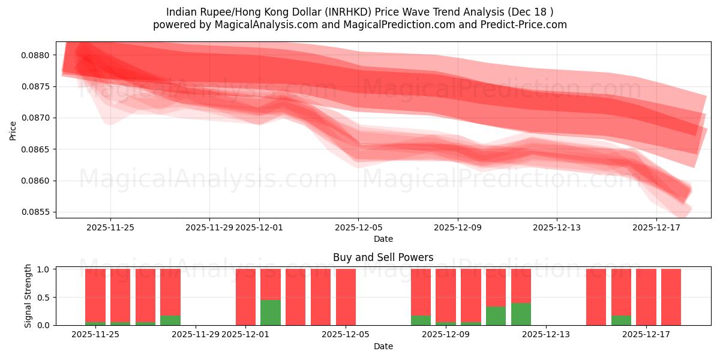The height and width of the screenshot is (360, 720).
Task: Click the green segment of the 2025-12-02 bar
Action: (271, 313)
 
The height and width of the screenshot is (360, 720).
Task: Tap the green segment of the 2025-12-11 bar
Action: (496, 316)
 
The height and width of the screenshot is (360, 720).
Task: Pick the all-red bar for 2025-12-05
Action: (346, 297)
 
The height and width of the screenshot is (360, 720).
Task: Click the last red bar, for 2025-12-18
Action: (671, 297)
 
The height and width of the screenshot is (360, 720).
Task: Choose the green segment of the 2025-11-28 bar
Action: (170, 320)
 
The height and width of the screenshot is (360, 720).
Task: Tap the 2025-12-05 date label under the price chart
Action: (359, 227)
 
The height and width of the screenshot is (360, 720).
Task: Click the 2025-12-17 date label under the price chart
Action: (656, 227)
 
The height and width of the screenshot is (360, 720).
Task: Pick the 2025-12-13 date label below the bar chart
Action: (547, 334)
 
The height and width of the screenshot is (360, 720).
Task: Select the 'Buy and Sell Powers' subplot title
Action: (383, 257)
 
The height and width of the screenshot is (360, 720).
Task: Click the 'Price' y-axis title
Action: (13, 130)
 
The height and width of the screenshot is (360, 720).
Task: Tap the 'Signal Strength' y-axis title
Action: (28, 296)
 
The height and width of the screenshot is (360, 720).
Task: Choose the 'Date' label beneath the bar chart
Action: (383, 346)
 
